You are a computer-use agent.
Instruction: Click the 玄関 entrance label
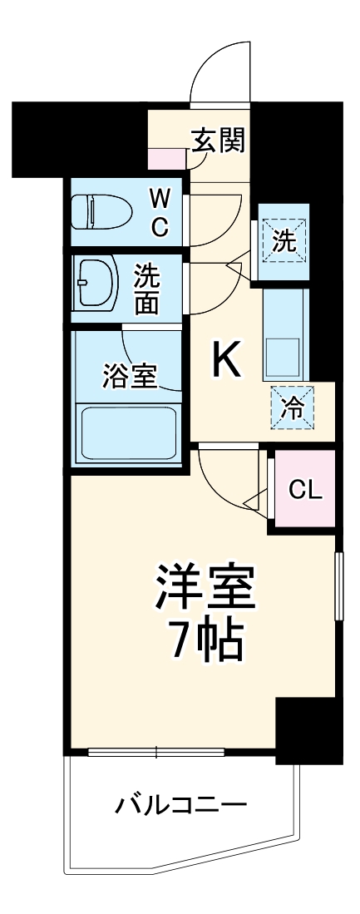point(219,141)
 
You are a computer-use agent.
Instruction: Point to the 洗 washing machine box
point(284,241)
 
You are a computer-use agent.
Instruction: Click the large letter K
point(226,359)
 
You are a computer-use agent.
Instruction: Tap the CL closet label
point(304,490)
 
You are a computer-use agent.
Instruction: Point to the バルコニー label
point(180,804)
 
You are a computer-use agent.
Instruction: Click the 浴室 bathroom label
point(130,376)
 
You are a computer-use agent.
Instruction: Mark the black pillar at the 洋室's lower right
point(307,732)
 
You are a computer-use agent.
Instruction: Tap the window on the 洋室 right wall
point(338,585)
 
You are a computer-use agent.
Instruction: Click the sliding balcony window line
point(156,753)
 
